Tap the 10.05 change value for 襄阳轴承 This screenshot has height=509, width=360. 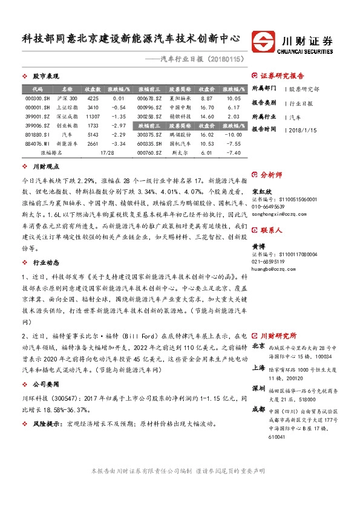tap(234, 98)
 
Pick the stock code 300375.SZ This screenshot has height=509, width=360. tap(149, 135)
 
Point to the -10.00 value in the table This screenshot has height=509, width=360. tap(234, 135)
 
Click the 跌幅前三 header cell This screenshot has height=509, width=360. tap(149, 126)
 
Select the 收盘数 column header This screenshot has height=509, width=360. tap(93, 88)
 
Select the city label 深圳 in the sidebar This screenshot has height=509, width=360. tap(258, 388)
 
